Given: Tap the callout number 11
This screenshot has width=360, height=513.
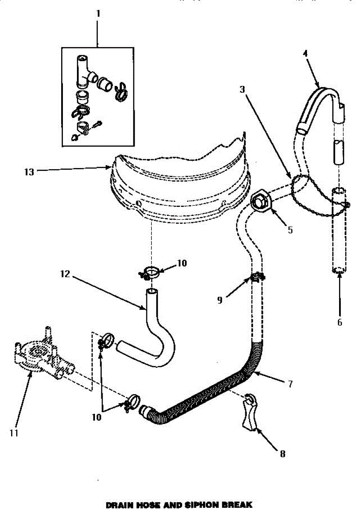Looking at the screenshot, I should [x=14, y=433].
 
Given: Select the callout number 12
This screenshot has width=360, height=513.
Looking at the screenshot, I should [x=65, y=274].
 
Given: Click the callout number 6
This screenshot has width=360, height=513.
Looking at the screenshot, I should [x=339, y=322].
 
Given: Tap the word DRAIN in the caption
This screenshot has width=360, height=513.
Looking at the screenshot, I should [x=118, y=504].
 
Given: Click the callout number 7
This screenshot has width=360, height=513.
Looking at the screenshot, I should [x=290, y=383].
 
